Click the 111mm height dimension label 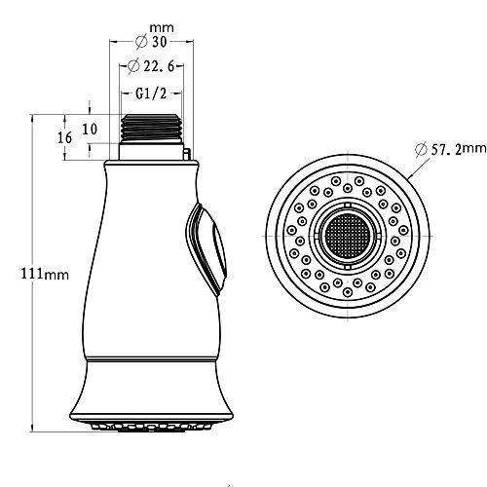45,274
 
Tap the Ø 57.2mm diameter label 451,149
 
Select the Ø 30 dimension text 151,42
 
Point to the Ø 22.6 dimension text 151,66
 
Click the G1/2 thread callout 151,94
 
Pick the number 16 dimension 64,138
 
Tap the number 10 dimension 90,130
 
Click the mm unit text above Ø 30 162,28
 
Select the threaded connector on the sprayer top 151,129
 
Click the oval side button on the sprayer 206,249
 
